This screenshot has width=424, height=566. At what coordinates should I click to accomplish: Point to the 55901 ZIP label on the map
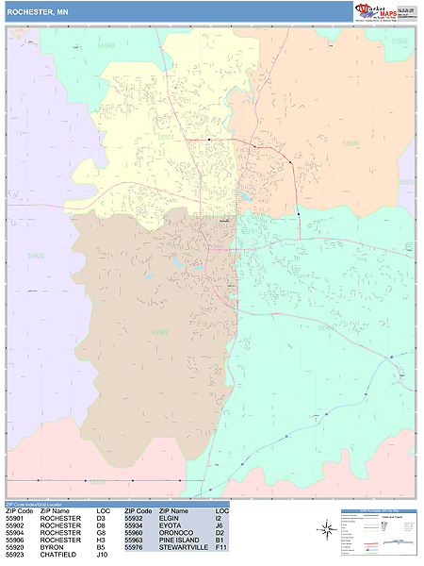click(x=166, y=137)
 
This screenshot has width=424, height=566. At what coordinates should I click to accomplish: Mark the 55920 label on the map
click(x=36, y=256)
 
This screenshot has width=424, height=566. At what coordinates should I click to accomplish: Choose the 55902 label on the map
click(x=160, y=332)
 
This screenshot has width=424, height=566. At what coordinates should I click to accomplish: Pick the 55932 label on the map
click(x=401, y=42)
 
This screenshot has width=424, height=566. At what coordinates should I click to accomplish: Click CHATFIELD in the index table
click(x=58, y=555)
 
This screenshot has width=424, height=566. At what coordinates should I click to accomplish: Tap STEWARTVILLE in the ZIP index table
click(x=183, y=547)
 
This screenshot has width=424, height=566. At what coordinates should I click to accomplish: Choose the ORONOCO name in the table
click(x=175, y=532)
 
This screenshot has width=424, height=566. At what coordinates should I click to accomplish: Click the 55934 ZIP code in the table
click(x=134, y=524)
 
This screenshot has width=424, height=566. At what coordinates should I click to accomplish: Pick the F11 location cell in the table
click(x=220, y=547)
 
